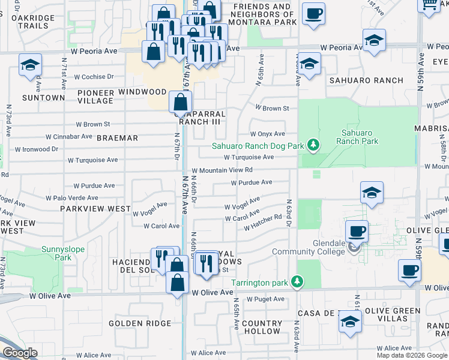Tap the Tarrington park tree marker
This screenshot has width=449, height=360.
[x=296, y=281]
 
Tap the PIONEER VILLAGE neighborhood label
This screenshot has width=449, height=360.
[x=95, y=97]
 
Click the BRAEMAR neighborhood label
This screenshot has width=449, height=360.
[x=118, y=138]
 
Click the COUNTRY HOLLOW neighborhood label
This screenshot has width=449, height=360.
[x=262, y=327]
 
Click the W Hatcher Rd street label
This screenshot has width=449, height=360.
[x=263, y=223]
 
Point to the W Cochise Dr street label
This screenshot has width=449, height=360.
[x=94, y=77]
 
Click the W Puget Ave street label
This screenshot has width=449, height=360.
[x=267, y=299]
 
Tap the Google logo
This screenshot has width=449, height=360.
[x=20, y=353]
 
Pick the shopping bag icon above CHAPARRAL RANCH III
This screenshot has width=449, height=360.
[x=181, y=103]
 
